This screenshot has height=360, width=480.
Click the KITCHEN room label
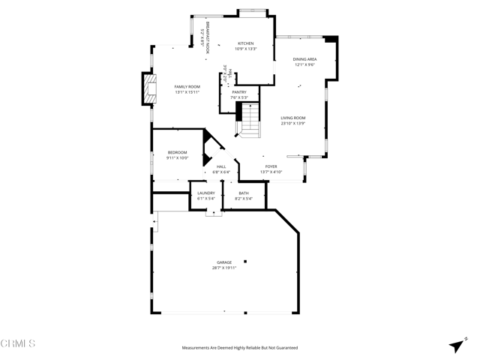coord(246,43)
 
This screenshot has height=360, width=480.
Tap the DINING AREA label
coord(304,59)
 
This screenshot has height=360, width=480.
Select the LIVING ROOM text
coord(292,118)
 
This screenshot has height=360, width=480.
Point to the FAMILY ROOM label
coord(187,87)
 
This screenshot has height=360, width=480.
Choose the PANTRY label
coord(238,92)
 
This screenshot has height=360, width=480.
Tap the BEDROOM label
coord(177,152)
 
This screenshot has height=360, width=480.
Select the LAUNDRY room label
coord(206,193)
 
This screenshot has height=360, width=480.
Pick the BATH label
coord(244,193)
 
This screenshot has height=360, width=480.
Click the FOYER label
coord(271,166)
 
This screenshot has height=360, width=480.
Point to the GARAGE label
coord(223,262)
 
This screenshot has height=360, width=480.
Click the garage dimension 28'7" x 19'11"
coord(223,268)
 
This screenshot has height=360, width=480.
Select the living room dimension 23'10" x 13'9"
coord(292,123)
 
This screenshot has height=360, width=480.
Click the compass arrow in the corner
coord(456,345)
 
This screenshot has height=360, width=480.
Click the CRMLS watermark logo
coord(18,344)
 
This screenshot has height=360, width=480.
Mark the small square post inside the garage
coord(244,261)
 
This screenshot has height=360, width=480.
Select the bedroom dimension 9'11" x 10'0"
coord(177,157)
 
